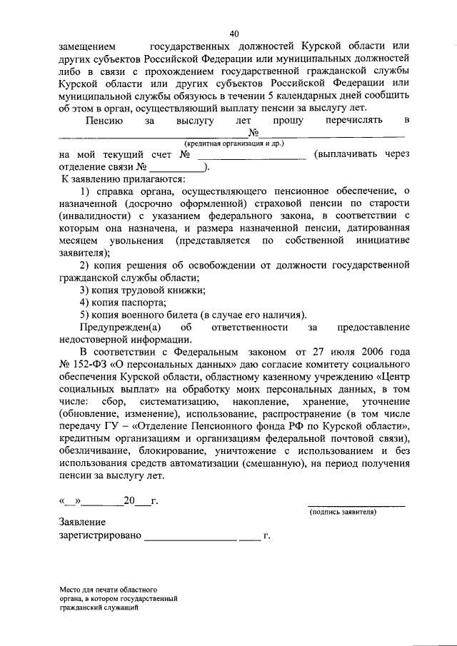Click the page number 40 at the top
[234, 34]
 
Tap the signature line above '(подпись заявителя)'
[356, 505]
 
